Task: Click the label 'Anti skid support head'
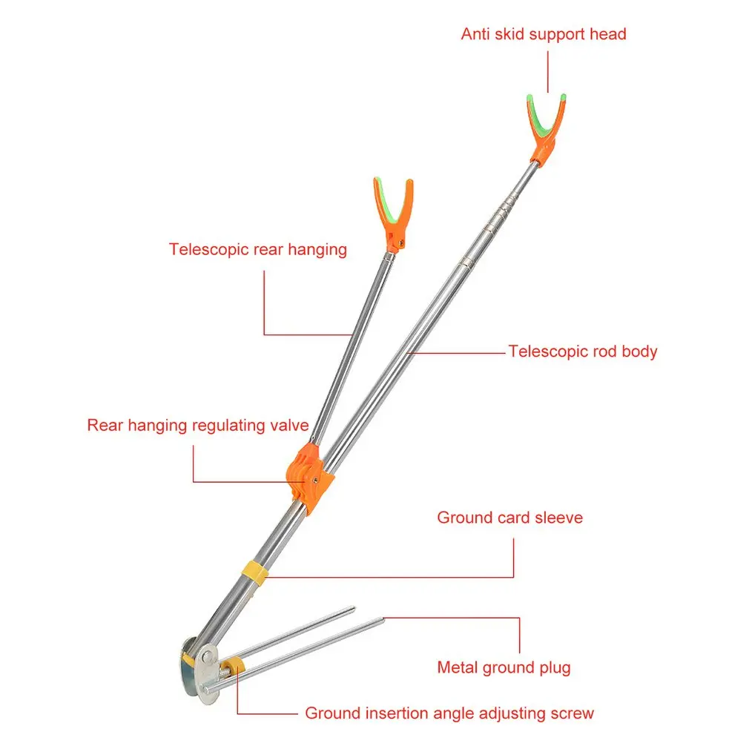tap(543, 34)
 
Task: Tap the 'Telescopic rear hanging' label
tap(257, 249)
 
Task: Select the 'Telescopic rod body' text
tap(582, 352)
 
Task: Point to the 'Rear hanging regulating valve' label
tap(197, 426)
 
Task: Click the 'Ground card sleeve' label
tap(509, 518)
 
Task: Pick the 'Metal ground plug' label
tap(504, 667)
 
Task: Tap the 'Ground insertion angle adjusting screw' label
tap(449, 713)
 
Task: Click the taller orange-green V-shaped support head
tap(547, 126)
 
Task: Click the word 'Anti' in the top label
tap(475, 34)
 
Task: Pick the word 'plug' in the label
tap(555, 667)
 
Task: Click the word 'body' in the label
tap(639, 352)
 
